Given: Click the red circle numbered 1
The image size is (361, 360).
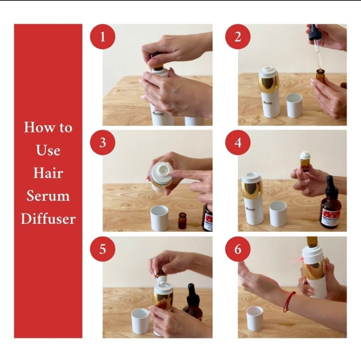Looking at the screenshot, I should point(103,37).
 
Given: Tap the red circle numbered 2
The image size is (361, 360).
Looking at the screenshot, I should point(238,37).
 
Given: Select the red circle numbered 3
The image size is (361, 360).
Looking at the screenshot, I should point(103,143).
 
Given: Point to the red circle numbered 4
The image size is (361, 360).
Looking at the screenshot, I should point(238,143).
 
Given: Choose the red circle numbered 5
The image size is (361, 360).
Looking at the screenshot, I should point(103,249).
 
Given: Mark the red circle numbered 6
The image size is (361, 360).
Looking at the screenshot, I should point(238,249).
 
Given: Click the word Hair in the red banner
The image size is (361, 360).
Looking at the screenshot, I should point(48,173).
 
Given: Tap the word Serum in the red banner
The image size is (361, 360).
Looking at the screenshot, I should point(48,196).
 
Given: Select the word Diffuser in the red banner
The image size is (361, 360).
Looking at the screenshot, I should point(48,219).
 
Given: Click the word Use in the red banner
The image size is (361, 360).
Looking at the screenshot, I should point(48,150).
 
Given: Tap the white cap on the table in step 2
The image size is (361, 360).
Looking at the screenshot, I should point(294,105).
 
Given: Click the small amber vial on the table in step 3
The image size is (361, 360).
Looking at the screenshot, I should point(182,221).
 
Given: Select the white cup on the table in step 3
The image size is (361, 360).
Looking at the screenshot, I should point(160,218).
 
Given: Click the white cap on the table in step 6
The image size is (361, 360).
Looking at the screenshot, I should point(255,318).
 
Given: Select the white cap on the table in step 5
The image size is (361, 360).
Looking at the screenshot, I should point(140,321).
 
